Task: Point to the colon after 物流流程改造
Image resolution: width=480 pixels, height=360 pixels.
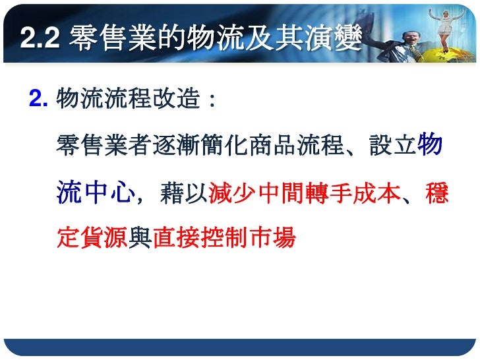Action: (x=210, y=102)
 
